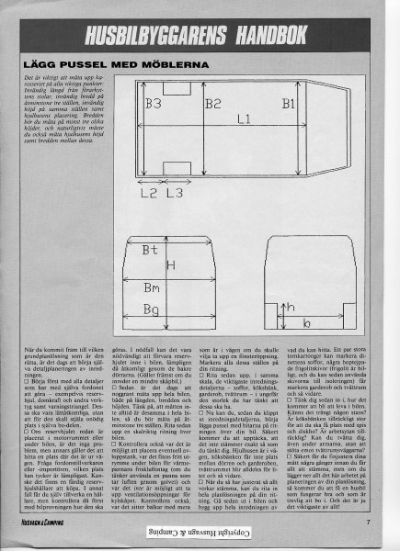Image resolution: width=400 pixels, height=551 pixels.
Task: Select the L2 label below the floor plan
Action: pyautogui.click(x=147, y=194)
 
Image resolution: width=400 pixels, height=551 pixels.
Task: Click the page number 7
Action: pyautogui.click(x=367, y=523)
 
